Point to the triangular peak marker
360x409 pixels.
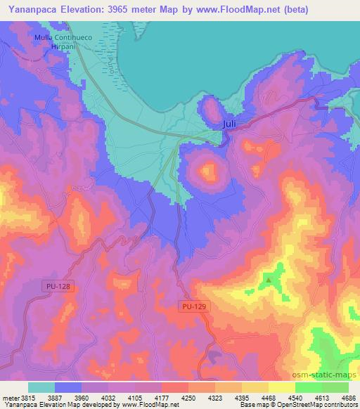click(268, 282)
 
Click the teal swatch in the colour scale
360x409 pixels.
click(41, 387)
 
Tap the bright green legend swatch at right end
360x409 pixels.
click(335, 387)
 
